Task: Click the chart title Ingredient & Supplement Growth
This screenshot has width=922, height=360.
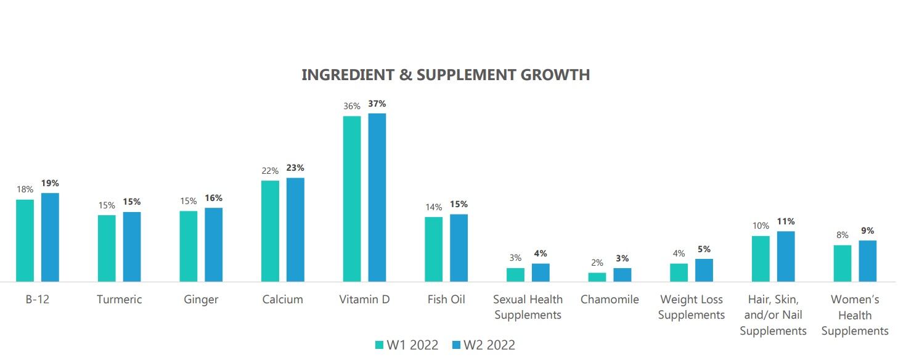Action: tap(446, 75)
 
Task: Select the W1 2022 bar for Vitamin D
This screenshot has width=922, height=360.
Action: tap(352, 198)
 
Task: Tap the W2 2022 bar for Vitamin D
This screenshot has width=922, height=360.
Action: tap(377, 197)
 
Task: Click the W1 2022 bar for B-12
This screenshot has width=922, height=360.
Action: tap(25, 240)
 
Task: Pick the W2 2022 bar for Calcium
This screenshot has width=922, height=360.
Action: tap(295, 229)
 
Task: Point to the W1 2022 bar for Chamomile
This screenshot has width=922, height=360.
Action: tap(597, 277)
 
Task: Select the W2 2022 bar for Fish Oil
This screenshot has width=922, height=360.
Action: tap(459, 248)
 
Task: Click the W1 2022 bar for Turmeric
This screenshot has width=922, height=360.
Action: tap(107, 248)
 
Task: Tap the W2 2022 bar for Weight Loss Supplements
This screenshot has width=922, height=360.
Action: tap(704, 270)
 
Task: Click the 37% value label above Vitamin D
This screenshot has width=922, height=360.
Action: tap(377, 104)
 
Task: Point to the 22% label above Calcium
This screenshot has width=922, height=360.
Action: tap(270, 171)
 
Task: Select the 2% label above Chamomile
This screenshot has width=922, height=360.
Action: tap(597, 263)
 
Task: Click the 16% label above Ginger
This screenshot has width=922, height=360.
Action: tap(213, 198)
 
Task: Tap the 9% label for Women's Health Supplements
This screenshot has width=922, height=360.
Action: tap(867, 231)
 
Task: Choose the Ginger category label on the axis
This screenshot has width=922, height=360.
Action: tap(201, 300)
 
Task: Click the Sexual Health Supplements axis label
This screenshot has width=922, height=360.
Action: tap(528, 307)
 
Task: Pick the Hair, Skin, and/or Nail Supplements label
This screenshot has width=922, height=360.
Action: tap(773, 315)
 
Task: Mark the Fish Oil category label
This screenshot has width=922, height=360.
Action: tap(446, 300)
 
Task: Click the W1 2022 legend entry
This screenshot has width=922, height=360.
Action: tap(407, 345)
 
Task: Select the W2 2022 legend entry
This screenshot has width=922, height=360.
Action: tap(484, 345)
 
